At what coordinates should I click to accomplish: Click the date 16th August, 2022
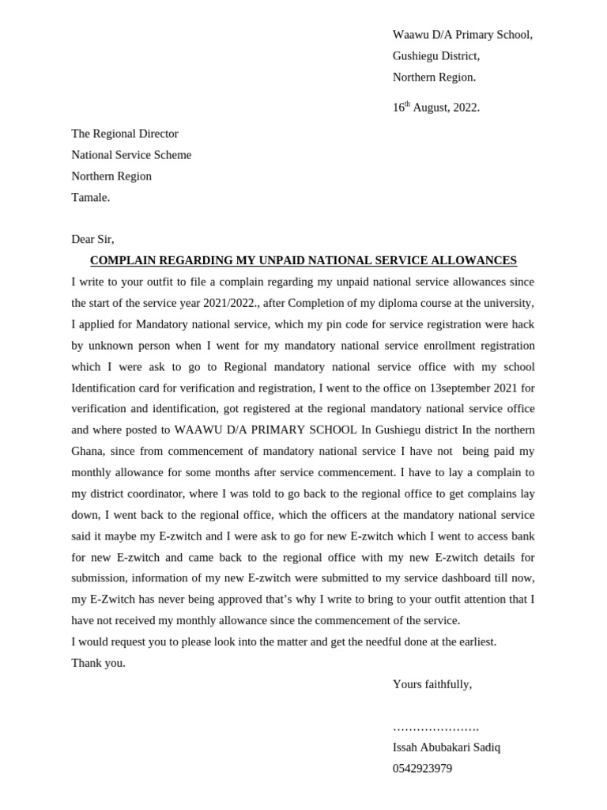tap(435, 108)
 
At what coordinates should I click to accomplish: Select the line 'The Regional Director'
tap(125, 134)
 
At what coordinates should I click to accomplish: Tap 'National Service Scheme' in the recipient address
tap(131, 155)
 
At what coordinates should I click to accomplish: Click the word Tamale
tap(90, 198)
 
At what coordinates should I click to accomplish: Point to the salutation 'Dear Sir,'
tap(92, 239)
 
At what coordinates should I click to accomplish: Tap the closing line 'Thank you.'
tap(99, 663)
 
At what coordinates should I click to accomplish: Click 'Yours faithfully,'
tap(432, 684)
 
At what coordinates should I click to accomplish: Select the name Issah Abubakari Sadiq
tap(447, 748)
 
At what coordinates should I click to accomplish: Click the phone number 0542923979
tap(423, 769)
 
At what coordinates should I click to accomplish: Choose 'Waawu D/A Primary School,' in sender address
tap(462, 35)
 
